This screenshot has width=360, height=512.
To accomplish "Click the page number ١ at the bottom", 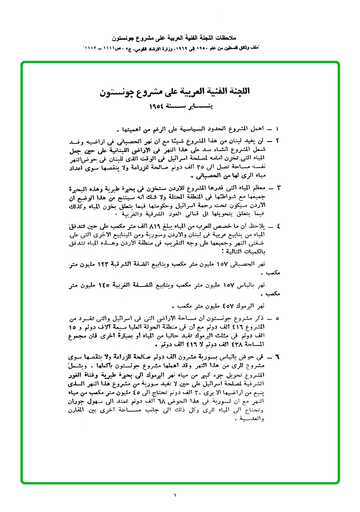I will [x=175, y=497].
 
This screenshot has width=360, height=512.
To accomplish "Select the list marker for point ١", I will [x=278, y=129].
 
